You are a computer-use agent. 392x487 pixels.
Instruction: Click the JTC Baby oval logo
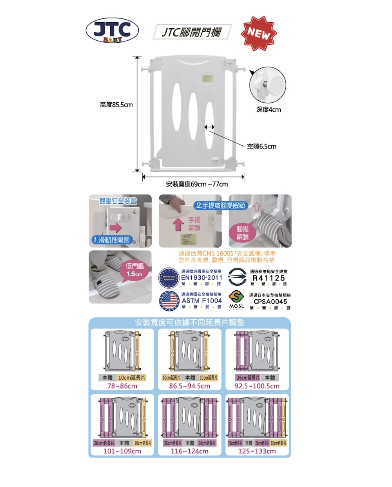[x=112, y=31]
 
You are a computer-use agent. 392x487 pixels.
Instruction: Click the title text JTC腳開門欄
[x=192, y=32]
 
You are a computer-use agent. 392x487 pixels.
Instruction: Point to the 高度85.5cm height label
[x=116, y=105]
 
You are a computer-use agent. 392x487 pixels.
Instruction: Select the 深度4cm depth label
[x=269, y=109]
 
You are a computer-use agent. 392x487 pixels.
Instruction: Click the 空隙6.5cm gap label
[x=261, y=146]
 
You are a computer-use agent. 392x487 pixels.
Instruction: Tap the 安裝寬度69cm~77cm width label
[x=197, y=184]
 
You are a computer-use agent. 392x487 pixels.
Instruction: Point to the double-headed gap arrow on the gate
[x=209, y=127]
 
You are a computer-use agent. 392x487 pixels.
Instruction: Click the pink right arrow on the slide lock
[x=115, y=228]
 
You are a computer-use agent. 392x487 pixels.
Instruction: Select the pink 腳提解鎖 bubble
[x=243, y=233]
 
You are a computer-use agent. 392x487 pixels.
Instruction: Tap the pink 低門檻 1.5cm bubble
[x=134, y=270]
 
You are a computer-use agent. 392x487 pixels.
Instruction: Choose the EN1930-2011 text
[x=201, y=278]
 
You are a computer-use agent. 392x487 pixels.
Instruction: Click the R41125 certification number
[x=269, y=278]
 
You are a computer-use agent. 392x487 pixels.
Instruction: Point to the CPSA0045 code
[x=270, y=302]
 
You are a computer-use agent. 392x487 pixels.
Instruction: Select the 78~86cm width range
[x=122, y=386]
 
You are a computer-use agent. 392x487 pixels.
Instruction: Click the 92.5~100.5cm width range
[x=257, y=386]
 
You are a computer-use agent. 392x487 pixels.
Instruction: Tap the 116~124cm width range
[x=190, y=451]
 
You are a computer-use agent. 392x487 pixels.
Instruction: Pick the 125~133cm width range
[x=257, y=451]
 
